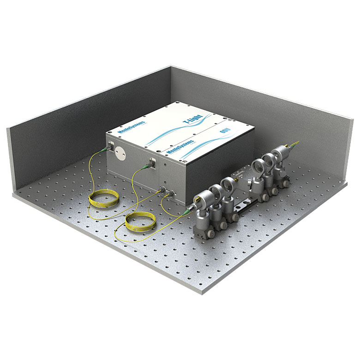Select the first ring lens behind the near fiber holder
(215, 191)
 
